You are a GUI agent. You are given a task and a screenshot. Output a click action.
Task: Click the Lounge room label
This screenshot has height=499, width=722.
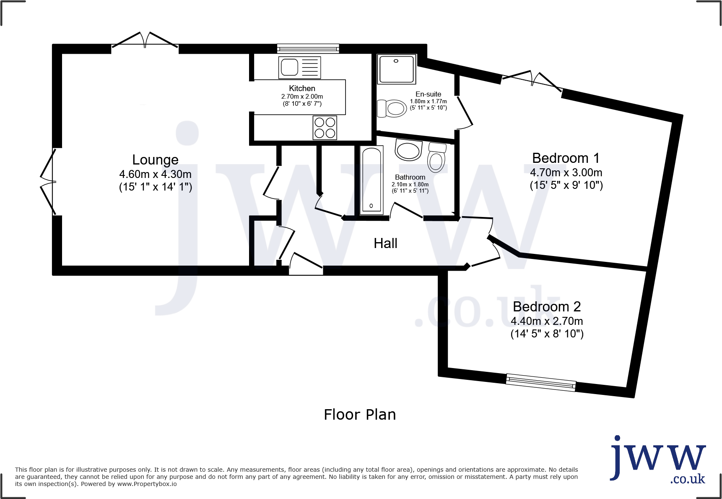(x=155, y=160)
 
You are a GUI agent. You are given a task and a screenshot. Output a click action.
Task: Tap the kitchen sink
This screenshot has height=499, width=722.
(x=300, y=68)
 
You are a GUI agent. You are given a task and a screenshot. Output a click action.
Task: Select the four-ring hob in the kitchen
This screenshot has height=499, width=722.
(x=325, y=128)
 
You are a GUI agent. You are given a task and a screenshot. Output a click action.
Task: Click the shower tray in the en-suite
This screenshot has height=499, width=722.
(x=397, y=69)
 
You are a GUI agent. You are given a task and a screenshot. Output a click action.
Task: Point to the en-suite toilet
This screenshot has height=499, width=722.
(x=392, y=108)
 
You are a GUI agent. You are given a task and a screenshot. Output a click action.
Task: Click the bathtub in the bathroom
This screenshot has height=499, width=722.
(x=371, y=180)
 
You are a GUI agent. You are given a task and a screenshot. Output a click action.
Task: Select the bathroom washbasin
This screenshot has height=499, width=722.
(x=408, y=150)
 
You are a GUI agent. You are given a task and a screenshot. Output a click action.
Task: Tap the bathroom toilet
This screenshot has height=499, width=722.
(x=437, y=157)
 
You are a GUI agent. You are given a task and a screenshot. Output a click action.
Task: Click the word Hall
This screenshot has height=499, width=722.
(x=385, y=243)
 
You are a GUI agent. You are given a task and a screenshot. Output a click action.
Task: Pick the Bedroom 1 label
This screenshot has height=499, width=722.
(x=566, y=158)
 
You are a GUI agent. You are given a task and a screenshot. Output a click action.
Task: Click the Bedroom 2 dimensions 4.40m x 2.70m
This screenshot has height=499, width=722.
(x=547, y=321)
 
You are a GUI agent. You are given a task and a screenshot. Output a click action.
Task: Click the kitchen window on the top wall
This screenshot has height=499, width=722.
(x=308, y=48)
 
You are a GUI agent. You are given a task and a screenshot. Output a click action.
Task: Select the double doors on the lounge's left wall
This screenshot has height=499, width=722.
(x=48, y=182)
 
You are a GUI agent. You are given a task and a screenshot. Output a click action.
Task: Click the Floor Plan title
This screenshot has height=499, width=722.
(x=360, y=415)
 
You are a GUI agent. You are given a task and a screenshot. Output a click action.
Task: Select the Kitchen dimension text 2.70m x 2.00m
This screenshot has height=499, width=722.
(x=302, y=97)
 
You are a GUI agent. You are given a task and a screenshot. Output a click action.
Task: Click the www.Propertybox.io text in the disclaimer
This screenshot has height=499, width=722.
(x=147, y=484)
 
